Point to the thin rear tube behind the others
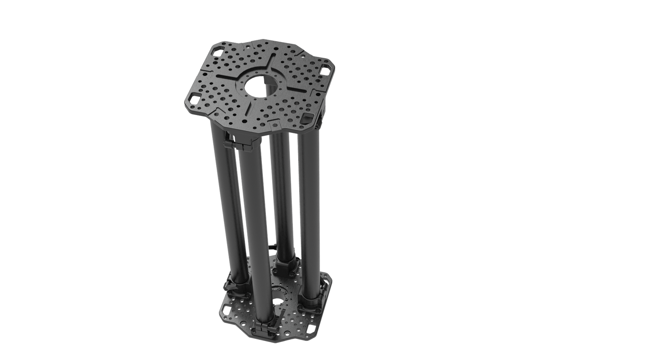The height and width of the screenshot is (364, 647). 281,193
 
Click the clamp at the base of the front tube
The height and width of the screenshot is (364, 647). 265,327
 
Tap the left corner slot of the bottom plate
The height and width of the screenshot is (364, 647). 223,309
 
